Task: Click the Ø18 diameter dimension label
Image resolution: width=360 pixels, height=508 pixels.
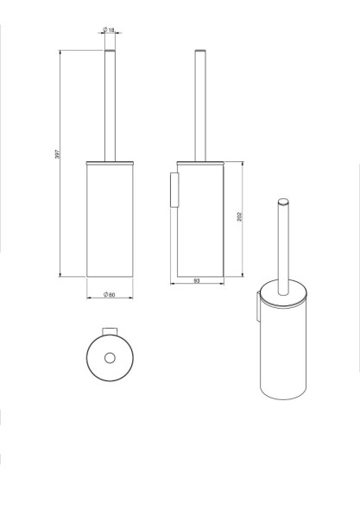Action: point(109,32)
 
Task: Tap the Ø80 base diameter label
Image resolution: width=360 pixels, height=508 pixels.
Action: point(110,296)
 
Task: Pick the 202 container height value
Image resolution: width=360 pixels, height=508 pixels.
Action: point(239,216)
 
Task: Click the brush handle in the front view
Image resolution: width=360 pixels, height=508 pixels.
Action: point(110,103)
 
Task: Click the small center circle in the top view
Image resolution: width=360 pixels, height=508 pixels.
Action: point(109,358)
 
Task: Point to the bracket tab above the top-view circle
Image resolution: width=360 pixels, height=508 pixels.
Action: point(109,332)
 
